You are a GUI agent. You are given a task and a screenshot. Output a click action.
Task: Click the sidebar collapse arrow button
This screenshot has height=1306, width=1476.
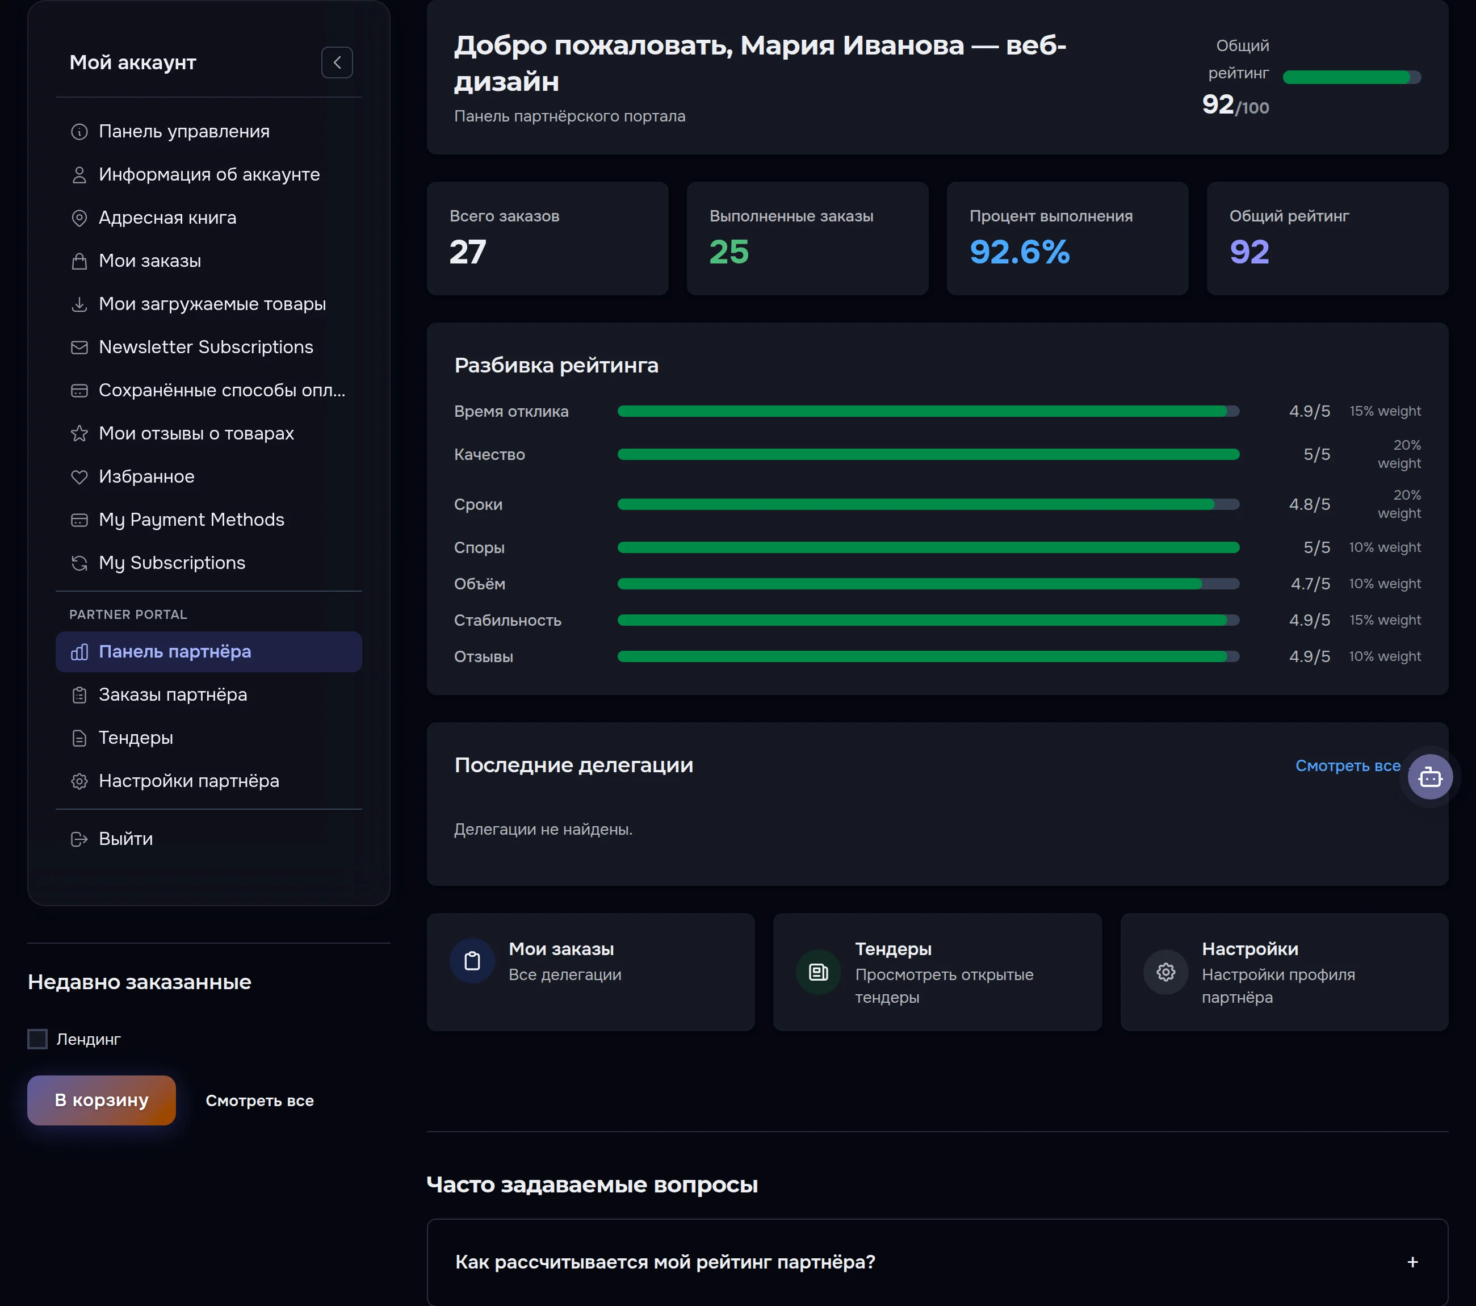pyautogui.click(x=337, y=63)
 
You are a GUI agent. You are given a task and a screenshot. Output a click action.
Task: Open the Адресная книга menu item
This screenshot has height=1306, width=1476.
pyautogui.click(x=167, y=217)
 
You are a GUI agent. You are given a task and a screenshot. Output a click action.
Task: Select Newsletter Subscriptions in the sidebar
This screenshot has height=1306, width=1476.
pyautogui.click(x=206, y=347)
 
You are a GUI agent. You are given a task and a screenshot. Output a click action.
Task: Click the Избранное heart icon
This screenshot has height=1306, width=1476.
pyautogui.click(x=79, y=477)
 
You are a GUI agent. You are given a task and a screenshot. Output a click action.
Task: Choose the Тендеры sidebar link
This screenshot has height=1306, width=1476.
pyautogui.click(x=136, y=738)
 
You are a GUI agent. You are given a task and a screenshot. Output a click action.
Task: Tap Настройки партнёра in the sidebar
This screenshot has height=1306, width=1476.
pyautogui.click(x=188, y=781)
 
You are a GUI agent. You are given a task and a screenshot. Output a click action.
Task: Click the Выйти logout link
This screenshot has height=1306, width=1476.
pyautogui.click(x=125, y=839)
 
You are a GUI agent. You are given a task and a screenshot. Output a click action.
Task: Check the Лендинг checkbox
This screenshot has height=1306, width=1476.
pyautogui.click(x=37, y=1039)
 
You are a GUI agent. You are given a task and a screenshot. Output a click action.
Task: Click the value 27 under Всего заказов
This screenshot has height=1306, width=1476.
pyautogui.click(x=468, y=252)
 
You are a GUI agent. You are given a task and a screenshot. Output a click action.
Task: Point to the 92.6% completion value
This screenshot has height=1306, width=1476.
pyautogui.click(x=1020, y=252)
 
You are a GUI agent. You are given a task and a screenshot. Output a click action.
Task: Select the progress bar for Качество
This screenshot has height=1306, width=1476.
pyautogui.click(x=929, y=454)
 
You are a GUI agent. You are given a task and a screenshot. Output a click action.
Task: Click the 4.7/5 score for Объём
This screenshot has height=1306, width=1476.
pyautogui.click(x=1310, y=584)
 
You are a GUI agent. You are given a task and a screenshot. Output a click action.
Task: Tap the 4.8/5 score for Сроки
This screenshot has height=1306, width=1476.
pyautogui.click(x=1309, y=504)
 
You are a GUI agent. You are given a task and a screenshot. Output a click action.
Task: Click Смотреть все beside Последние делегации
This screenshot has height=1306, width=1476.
pyautogui.click(x=1348, y=765)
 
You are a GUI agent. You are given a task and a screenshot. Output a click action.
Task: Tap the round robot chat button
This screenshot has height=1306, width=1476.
pyautogui.click(x=1430, y=777)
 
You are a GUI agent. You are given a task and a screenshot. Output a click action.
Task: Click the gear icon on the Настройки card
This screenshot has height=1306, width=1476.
pyautogui.click(x=1165, y=972)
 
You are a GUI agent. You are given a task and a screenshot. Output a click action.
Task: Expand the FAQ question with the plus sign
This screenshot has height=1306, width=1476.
pyautogui.click(x=1412, y=1262)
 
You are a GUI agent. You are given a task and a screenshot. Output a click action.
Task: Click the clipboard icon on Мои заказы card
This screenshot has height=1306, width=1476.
pyautogui.click(x=472, y=961)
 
